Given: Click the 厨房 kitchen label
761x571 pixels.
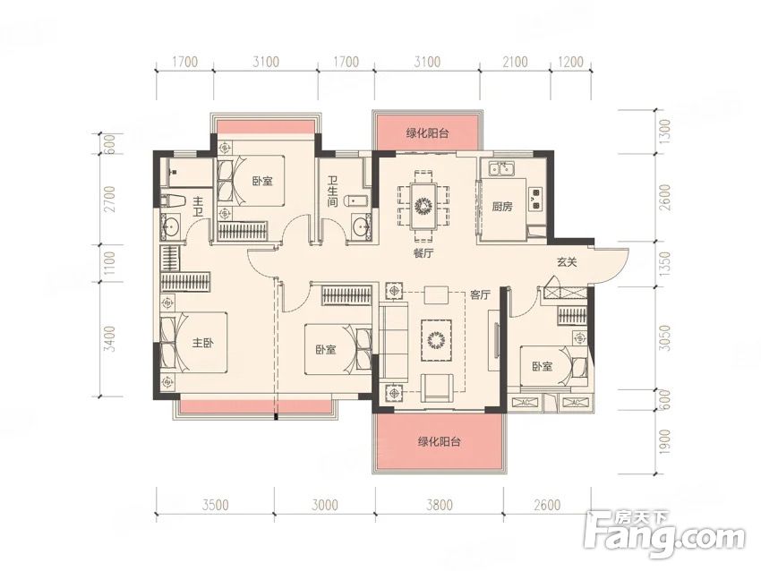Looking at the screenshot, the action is (502, 207).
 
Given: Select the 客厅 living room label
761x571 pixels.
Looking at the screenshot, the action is (481, 294).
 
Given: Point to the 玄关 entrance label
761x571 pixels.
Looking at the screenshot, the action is (567, 262).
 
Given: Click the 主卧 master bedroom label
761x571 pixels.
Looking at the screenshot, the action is (203, 343).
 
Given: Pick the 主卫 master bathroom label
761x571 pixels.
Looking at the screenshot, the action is (198, 207).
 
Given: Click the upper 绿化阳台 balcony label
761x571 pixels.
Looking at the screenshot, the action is (427, 133).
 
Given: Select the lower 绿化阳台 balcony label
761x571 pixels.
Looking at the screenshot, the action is (440, 441).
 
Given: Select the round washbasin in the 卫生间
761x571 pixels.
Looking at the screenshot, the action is (360, 226).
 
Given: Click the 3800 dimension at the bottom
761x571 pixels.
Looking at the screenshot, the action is (440, 505).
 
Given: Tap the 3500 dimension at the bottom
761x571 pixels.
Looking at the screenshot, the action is (215, 505).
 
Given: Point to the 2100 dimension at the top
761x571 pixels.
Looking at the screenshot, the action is (515, 62).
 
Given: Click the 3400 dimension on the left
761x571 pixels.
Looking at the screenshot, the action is (111, 338).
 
